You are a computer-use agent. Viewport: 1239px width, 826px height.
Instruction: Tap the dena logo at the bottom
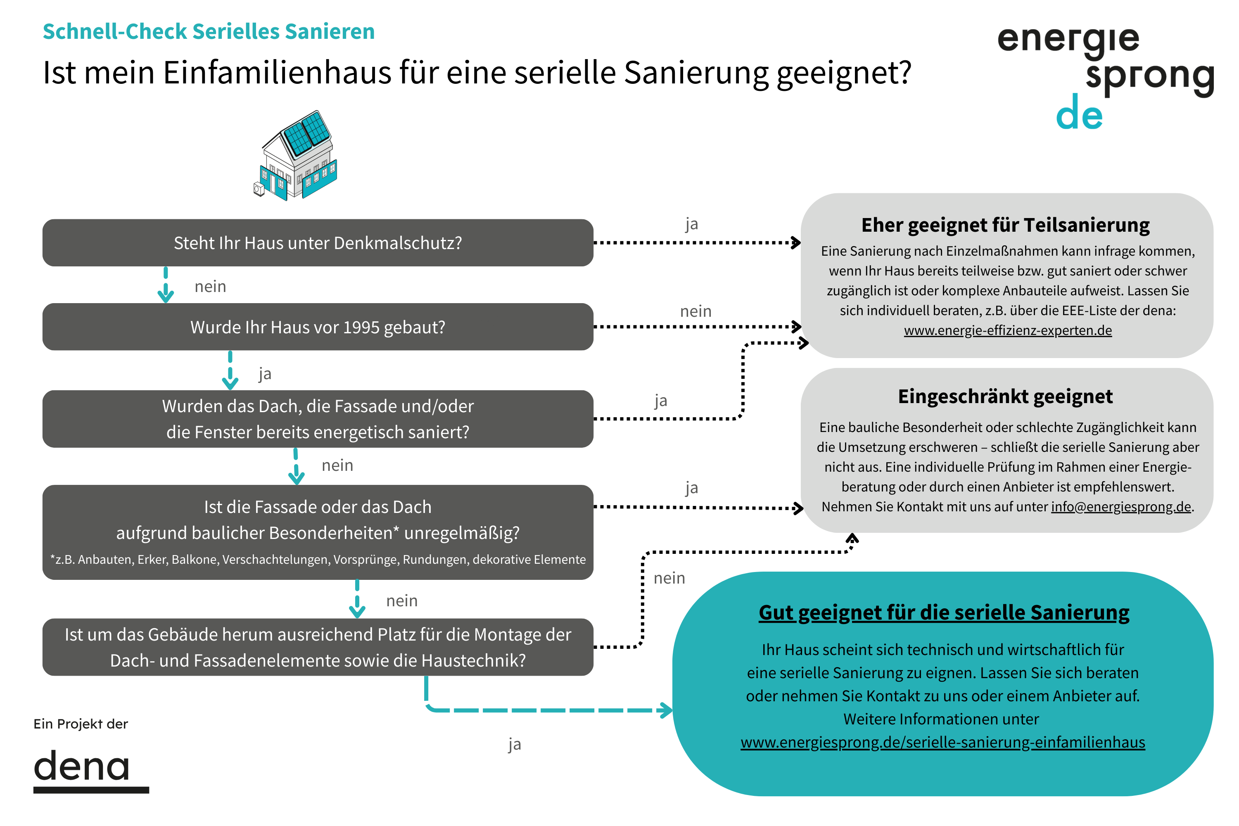click(91, 771)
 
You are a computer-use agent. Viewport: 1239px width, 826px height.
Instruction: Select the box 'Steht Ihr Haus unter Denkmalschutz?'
click(318, 243)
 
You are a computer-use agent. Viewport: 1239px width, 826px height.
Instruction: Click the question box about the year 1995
click(318, 327)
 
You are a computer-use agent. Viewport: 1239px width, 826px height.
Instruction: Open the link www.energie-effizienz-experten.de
click(1008, 330)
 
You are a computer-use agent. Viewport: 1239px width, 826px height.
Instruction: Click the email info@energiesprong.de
click(1121, 507)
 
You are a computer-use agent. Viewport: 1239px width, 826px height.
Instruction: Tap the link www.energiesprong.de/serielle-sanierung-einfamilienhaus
click(942, 742)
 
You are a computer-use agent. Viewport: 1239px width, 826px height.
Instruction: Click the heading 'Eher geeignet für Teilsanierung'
click(1005, 225)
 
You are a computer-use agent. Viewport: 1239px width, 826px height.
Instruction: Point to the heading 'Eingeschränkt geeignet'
click(1005, 396)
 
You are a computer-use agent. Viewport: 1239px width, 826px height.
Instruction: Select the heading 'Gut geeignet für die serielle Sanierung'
click(943, 612)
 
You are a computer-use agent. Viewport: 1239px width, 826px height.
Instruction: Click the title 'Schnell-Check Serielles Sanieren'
click(209, 32)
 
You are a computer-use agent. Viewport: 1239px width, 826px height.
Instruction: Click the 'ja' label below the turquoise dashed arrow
click(515, 744)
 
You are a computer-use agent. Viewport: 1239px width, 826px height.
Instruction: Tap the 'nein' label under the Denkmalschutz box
click(210, 287)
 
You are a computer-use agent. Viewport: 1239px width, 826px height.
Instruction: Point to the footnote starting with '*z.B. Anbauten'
click(318, 560)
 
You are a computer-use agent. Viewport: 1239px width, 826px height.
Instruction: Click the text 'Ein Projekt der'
click(81, 724)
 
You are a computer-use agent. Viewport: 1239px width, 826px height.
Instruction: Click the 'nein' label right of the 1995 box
click(696, 311)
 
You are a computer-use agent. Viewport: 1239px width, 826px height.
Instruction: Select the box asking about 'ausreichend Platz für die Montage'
click(318, 647)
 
